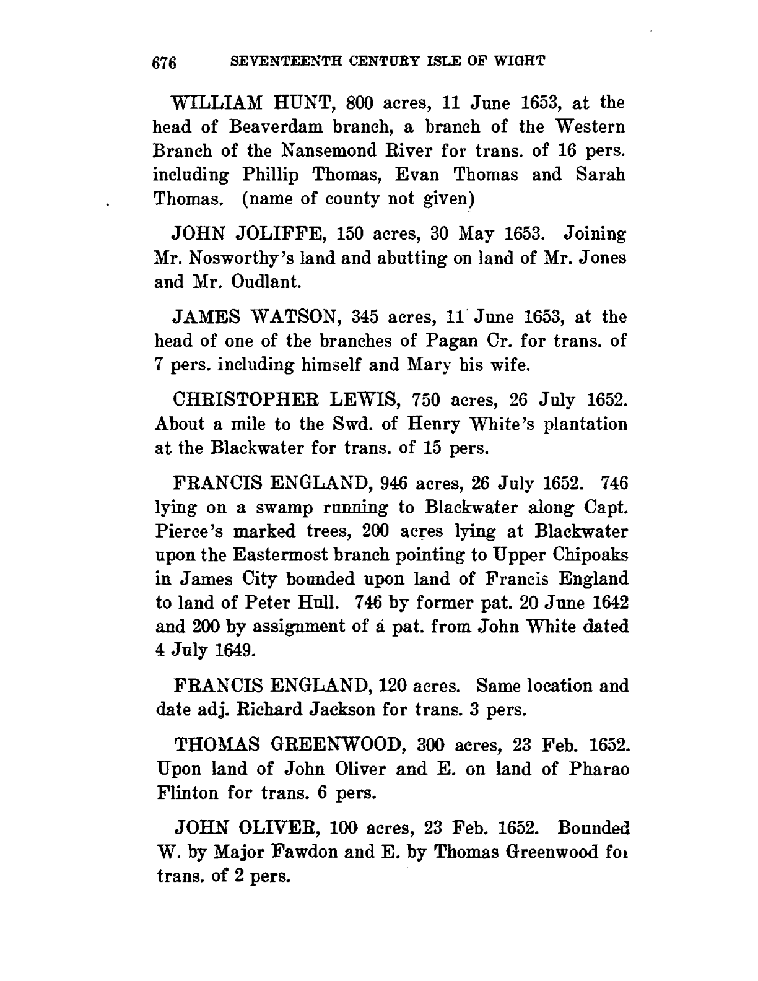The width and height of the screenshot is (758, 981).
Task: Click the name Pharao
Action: (x=596, y=769)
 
